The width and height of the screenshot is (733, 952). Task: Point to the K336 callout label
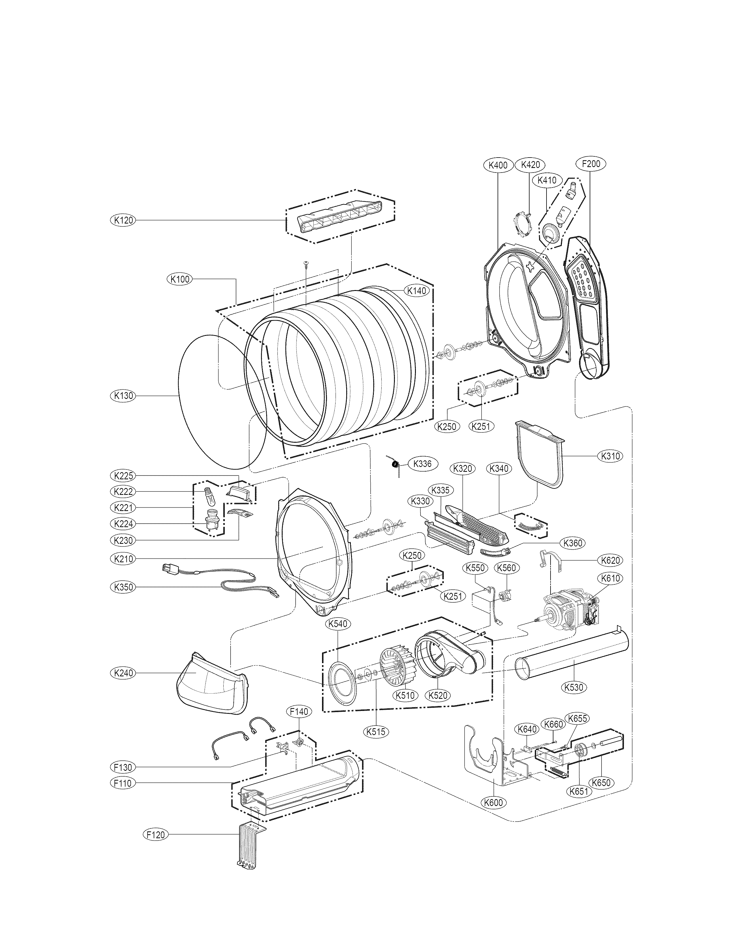pyautogui.click(x=422, y=463)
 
